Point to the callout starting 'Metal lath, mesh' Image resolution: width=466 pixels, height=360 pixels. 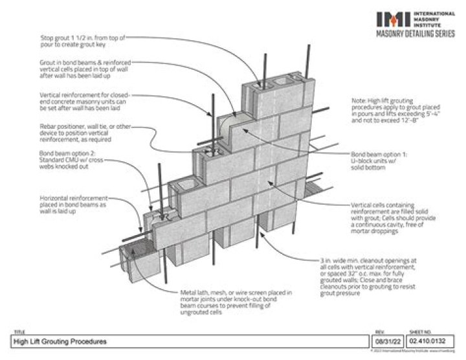(235, 304)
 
